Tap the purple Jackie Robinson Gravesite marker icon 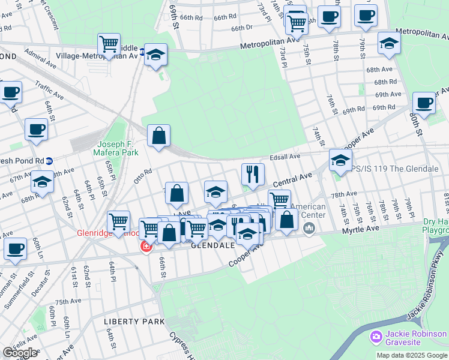coord(376,337)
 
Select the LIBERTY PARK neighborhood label coord(134,322)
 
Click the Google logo coord(20,353)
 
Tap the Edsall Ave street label coord(285,157)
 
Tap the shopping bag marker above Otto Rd coord(158,136)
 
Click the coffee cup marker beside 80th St coord(424,103)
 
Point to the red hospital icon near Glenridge coord(146,247)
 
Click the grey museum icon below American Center coord(309,228)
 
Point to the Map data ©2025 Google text coord(412,355)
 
